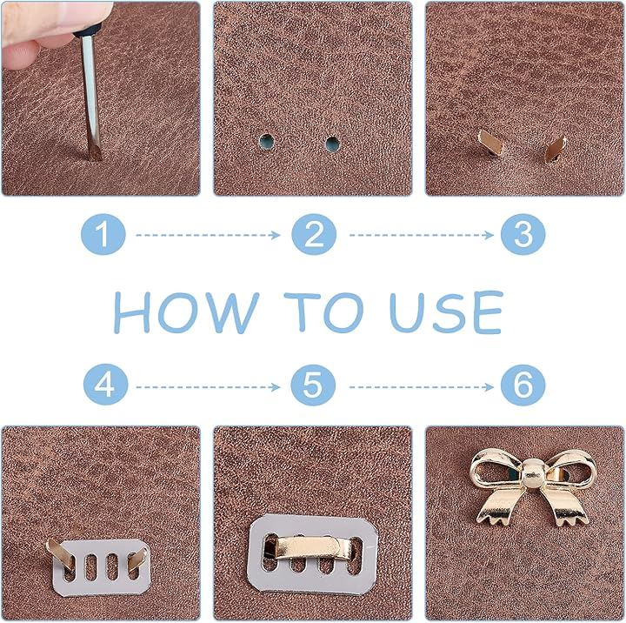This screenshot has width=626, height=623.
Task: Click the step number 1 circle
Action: (x=103, y=234)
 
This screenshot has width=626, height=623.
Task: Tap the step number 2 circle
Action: (x=314, y=234)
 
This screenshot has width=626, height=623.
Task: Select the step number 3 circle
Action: (x=523, y=234)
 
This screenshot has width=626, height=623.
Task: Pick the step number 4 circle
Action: (x=105, y=385)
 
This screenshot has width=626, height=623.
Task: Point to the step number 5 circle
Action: (x=313, y=385)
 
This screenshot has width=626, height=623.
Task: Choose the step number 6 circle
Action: (x=523, y=385)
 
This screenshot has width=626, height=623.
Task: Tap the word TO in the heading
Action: (x=323, y=312)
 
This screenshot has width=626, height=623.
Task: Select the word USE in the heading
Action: (x=446, y=312)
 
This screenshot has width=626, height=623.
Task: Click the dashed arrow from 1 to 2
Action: (x=208, y=235)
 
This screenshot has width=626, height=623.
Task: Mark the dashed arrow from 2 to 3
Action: (x=422, y=235)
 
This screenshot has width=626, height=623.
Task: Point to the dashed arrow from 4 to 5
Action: (x=208, y=387)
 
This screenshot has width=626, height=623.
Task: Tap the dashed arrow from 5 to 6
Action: (x=422, y=387)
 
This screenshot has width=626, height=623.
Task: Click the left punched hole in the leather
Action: (x=266, y=142)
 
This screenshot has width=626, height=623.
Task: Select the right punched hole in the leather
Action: (x=332, y=143)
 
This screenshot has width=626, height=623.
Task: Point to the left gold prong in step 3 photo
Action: (x=490, y=142)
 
